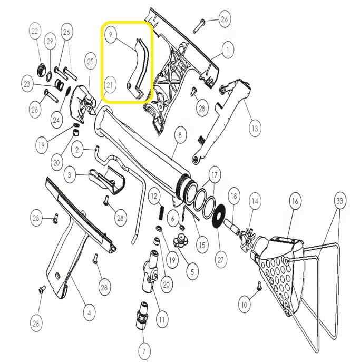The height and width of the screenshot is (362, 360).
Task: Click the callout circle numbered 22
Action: coord(35,31)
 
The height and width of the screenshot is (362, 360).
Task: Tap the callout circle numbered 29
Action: coord(50,42)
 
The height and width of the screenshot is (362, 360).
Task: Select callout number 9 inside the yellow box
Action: coord(110,35)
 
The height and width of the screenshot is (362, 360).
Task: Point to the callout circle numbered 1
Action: coord(228,50)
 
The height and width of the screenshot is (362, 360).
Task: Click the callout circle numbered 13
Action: coord(255,129)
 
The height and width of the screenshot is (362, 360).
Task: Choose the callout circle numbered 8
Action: coord(180,135)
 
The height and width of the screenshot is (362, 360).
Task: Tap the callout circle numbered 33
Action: coord(339,201)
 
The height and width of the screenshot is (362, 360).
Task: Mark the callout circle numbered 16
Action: coord(295,201)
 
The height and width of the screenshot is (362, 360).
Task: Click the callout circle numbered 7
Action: coord(144,351)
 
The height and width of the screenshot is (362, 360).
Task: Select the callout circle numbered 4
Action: coord(90,313)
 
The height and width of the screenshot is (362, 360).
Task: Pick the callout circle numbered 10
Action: coord(245,305)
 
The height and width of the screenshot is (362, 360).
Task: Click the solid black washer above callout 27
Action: coord(218,216)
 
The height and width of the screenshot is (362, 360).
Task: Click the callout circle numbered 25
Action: coord(90,61)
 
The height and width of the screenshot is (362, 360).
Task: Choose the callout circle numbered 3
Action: coord(70,175)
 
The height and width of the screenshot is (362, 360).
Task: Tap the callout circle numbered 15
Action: coord(202,245)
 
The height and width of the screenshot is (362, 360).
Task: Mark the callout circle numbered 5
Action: coord(192,272)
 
